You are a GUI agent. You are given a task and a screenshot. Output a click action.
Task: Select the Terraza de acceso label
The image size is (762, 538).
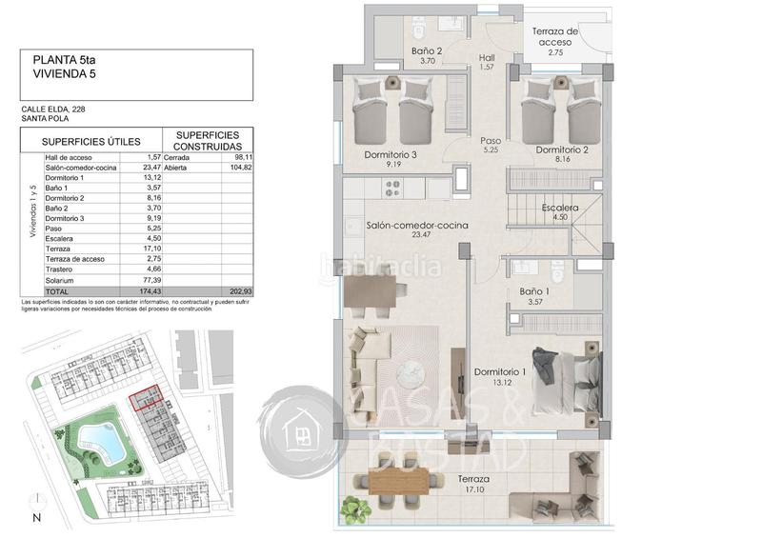(x=554, y=37)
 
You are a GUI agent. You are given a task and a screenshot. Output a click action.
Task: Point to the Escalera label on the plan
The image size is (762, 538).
(x=559, y=208)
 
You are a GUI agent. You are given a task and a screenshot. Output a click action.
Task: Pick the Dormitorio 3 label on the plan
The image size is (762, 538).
(x=391, y=154)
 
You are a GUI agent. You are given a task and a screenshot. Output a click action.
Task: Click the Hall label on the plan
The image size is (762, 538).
(x=487, y=55)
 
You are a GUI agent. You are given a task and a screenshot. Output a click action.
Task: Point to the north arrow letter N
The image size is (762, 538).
(x=36, y=519)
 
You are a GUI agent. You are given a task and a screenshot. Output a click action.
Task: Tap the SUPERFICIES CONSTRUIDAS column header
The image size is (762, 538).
(x=208, y=141)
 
